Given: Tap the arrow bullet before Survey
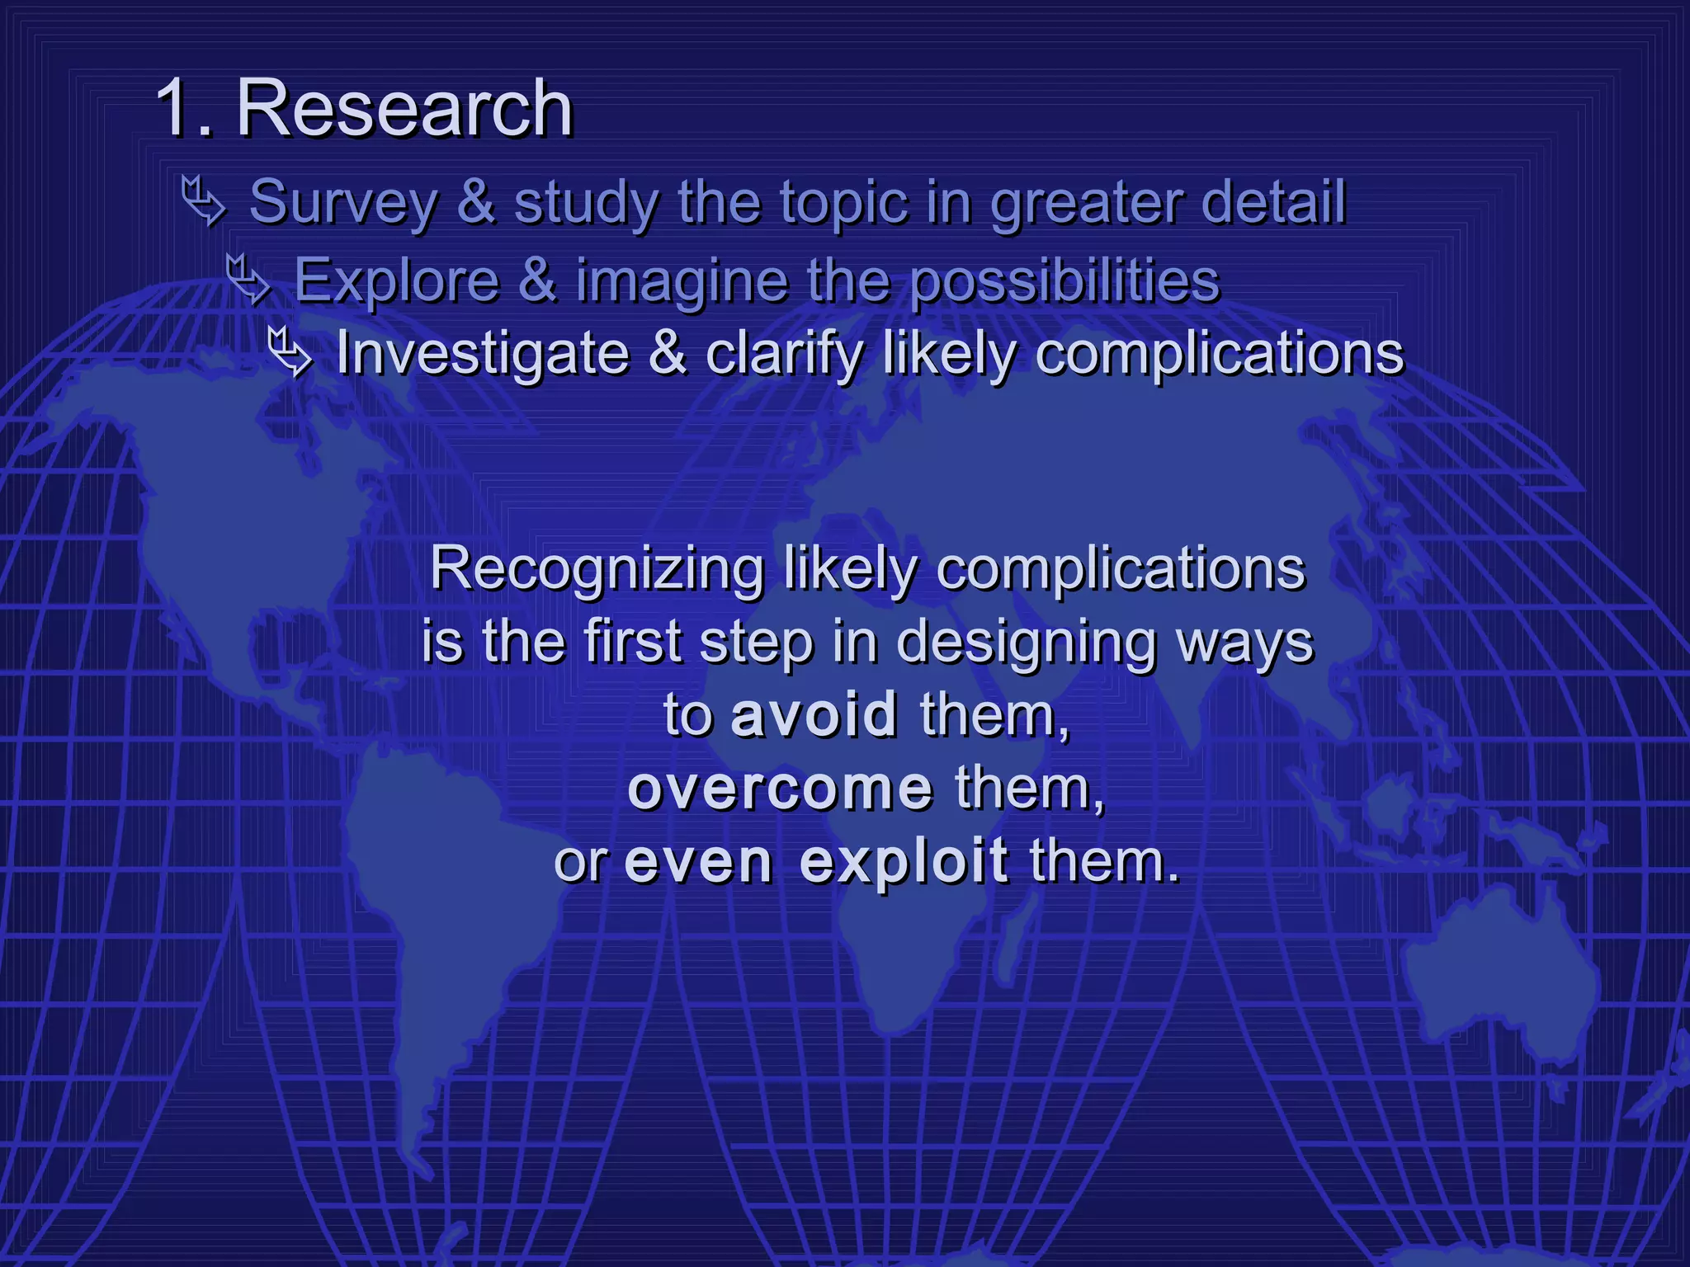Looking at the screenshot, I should click(x=203, y=200).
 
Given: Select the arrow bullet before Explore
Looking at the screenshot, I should click(x=248, y=279).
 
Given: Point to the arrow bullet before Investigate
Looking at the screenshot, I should click(x=290, y=352).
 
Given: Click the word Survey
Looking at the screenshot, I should click(x=343, y=203).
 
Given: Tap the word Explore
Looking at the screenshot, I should click(x=397, y=280).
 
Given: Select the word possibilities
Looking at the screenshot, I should click(x=1065, y=281).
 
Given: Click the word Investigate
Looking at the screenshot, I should click(x=483, y=354).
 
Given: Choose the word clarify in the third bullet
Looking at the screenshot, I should click(x=784, y=354).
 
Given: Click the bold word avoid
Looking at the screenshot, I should click(x=814, y=714).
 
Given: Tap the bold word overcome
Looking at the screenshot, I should click(x=780, y=788).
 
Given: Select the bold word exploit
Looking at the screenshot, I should click(x=904, y=861).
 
